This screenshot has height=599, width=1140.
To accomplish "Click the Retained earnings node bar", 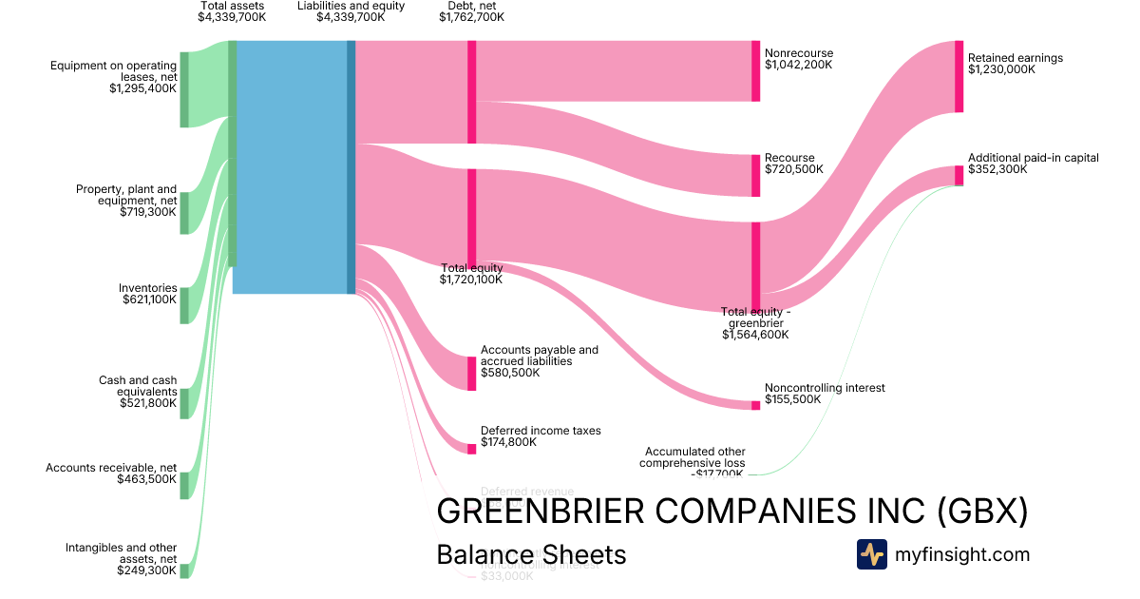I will tap(959, 77).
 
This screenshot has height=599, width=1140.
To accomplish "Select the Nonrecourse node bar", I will tap(756, 71).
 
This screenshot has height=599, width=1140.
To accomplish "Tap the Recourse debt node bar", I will tap(756, 175).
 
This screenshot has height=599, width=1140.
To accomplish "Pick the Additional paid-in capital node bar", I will tap(959, 175).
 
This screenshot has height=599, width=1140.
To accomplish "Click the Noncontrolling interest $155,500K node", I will tap(756, 405).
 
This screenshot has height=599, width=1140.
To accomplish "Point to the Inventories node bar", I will tap(184, 305).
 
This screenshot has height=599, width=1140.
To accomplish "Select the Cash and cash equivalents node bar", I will tap(184, 403).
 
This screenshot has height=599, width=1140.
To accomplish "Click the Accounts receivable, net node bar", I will tap(184, 485).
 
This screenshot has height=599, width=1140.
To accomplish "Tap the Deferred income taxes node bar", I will tap(471, 449).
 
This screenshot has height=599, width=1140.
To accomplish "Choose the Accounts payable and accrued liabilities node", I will tap(471, 374).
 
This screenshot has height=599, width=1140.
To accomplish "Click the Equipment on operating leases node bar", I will tap(184, 89).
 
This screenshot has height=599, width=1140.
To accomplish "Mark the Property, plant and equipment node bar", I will tap(184, 213).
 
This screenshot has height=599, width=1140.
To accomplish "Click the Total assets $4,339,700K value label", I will tap(232, 17).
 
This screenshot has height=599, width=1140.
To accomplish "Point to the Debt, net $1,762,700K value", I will tap(471, 17).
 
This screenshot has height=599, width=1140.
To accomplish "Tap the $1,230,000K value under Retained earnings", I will tap(1001, 69).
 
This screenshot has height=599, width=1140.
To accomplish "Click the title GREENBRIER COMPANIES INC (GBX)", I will tap(731, 512).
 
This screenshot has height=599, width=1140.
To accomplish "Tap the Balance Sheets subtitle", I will tap(531, 554).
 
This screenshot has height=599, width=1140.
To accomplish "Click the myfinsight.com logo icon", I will tap(871, 554).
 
